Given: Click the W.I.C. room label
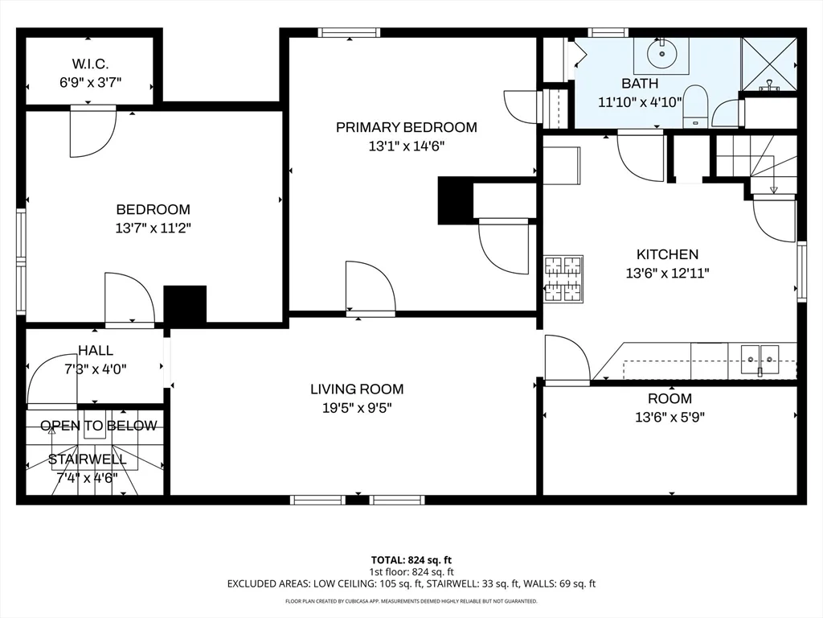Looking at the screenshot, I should (89, 62).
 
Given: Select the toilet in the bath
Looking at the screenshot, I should (694, 108).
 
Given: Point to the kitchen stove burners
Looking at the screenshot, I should (563, 278).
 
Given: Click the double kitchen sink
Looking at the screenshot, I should (760, 356).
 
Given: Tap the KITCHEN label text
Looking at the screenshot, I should (667, 254).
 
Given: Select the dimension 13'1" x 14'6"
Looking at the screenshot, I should (406, 146).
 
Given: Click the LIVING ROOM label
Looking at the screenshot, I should (357, 389).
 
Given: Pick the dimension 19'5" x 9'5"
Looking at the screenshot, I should (357, 408).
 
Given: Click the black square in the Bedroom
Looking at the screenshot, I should (185, 305).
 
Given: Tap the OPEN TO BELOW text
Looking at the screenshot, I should (98, 426).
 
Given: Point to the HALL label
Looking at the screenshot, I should (96, 351).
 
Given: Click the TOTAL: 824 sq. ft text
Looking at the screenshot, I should (411, 560).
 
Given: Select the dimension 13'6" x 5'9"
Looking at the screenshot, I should (669, 418).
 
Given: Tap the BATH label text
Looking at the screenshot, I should (640, 84).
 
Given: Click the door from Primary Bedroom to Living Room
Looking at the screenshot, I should (370, 288).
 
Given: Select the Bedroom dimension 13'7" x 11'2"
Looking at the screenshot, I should (153, 229).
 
